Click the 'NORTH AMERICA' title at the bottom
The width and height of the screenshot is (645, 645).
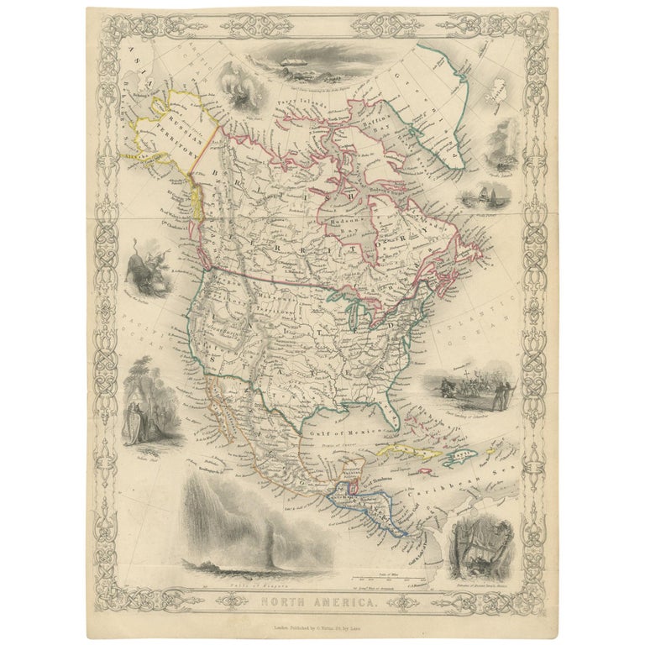tap(322, 600)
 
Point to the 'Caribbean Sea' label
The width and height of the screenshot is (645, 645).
tap(438, 480)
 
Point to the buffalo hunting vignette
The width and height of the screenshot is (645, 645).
tap(144, 262)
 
